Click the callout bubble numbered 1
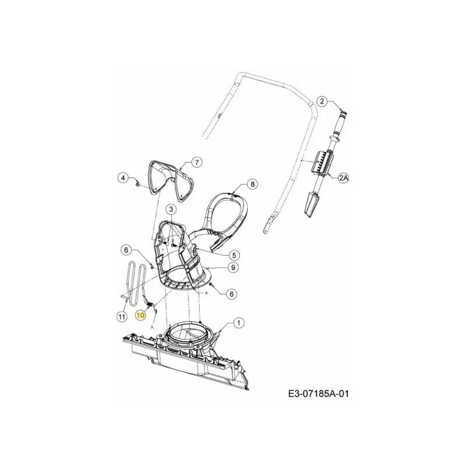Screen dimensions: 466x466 (x=238, y=323)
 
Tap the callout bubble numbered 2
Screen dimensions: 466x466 (x=322, y=101)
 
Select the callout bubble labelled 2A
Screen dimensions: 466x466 (x=344, y=178)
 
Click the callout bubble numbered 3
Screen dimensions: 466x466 (x=171, y=210)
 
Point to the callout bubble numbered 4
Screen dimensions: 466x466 (x=122, y=178)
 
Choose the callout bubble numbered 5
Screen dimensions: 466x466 (x=234, y=255)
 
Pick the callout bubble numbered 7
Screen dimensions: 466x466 (x=196, y=163)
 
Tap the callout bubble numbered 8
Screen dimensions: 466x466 (x=252, y=185)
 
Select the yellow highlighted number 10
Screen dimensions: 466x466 (x=140, y=315)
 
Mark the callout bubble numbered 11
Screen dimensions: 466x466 (x=122, y=317)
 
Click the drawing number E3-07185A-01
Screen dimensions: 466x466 (x=318, y=394)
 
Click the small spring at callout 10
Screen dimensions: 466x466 (x=150, y=304)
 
